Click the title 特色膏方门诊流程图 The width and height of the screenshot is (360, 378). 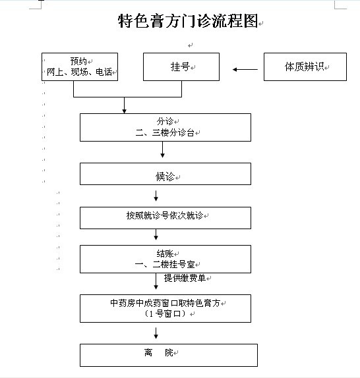tap(188, 20)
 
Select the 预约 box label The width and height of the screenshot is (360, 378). tap(78, 61)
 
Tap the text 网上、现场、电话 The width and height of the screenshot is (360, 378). tap(79, 72)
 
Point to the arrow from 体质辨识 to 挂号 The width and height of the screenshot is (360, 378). tap(245, 69)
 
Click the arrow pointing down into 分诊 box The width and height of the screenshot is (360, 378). tap(124, 105)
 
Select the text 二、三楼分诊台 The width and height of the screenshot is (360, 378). tap(165, 132)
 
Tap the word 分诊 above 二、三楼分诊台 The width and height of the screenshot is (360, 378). tap(165, 121)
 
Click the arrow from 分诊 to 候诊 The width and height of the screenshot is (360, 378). tap(162, 149)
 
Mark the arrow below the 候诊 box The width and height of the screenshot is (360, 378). tap(156, 196)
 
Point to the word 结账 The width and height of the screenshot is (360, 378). tap(165, 254)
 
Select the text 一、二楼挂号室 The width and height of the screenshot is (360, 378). tap(165, 265)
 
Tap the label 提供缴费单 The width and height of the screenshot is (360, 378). tap(185, 278)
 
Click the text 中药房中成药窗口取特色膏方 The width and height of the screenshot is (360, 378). tap(165, 303)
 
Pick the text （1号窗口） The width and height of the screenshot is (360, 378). tap(165, 313)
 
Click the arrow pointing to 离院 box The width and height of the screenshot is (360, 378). tap(156, 333)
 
